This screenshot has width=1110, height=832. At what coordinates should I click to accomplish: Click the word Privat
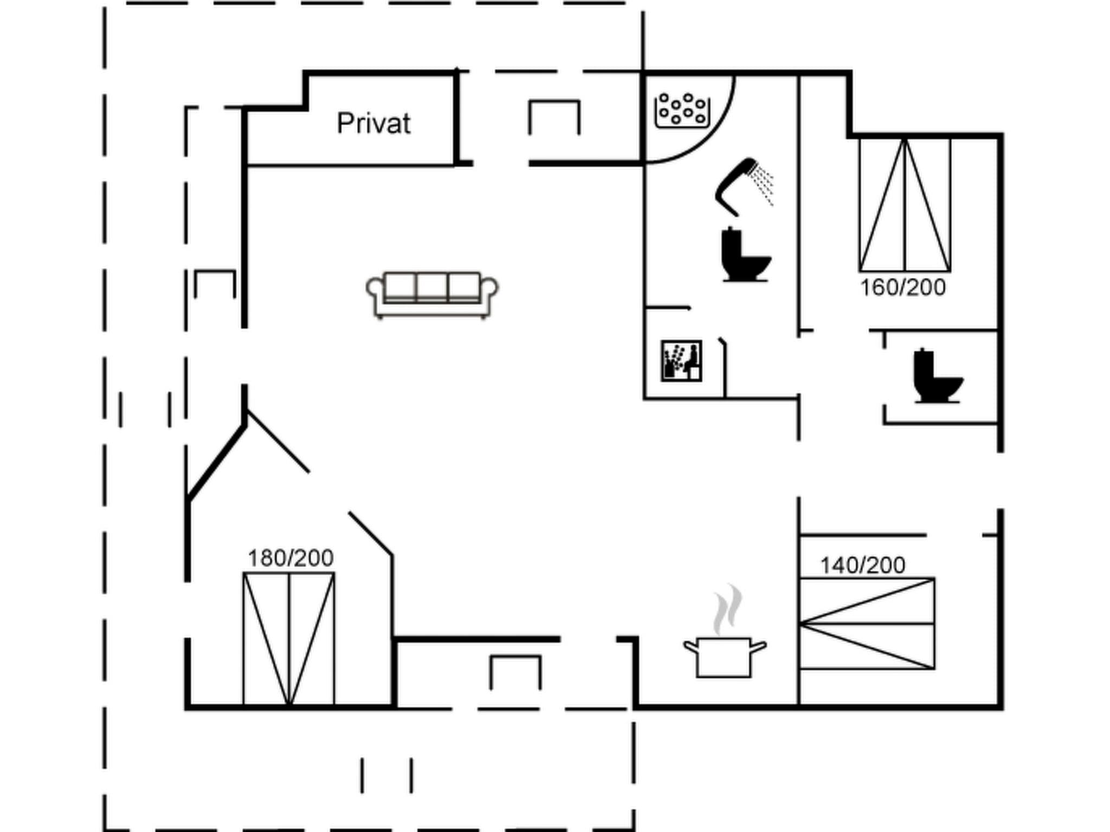pos(373,123)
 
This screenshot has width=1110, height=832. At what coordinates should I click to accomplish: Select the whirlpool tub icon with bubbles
pos(682,110)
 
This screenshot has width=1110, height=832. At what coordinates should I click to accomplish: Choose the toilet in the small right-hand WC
pos(937,376)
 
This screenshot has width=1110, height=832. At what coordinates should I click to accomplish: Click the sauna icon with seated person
pos(681,361)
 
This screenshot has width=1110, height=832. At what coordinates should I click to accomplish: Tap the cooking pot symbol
pos(724,658)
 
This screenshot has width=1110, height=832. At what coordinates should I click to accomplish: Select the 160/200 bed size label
pos(902,288)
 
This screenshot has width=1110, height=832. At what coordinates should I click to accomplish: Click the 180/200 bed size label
pos(291,558)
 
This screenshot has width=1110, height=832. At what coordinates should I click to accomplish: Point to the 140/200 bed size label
pos(862,565)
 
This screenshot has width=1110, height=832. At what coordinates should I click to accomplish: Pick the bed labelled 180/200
pos(289,639)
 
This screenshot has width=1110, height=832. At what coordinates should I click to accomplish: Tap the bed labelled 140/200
pos(867,623)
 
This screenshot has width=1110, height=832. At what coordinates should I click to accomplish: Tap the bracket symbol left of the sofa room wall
pos(215,282)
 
